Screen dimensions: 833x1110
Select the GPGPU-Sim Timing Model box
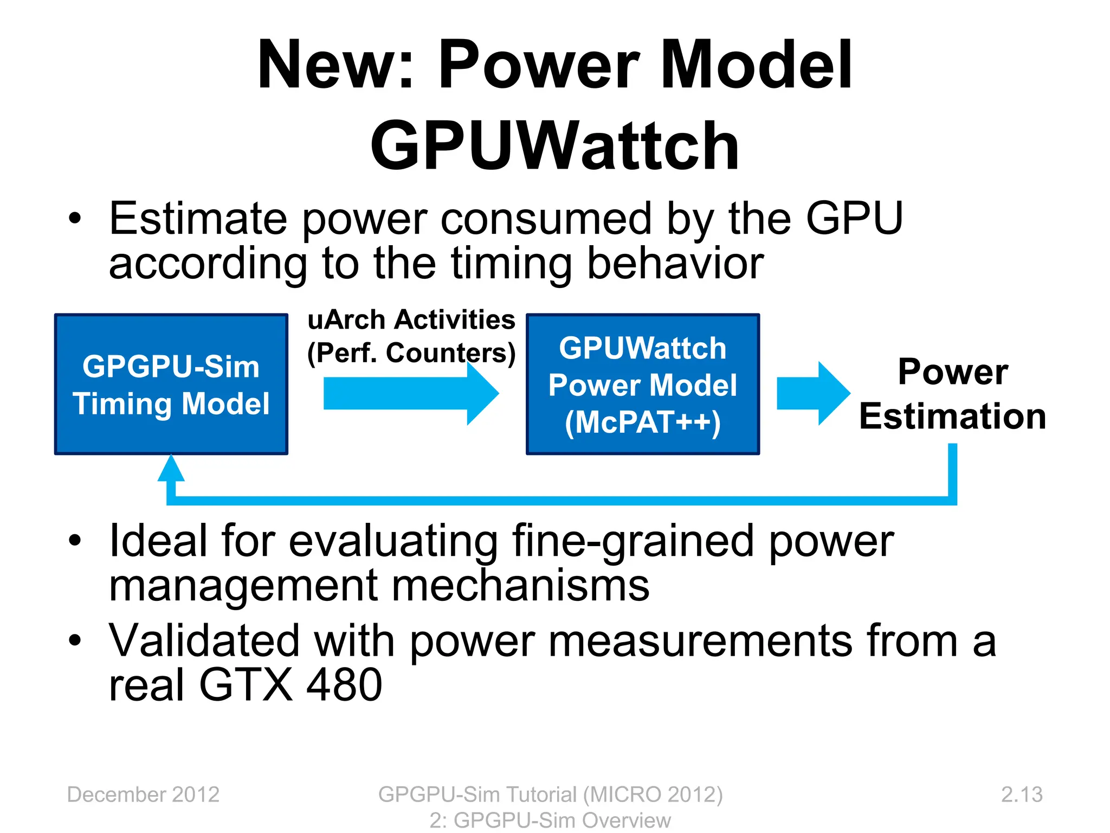171,384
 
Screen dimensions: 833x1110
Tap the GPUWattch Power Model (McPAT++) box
643,384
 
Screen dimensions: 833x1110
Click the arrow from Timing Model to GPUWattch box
410,393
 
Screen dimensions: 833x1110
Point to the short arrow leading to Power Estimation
812,393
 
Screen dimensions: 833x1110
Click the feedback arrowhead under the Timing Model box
171,469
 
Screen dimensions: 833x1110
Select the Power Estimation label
953,394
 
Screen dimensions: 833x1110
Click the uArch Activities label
411,319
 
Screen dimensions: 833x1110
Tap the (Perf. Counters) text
411,353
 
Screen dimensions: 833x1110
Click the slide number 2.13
1021,794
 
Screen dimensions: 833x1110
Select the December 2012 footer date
143,794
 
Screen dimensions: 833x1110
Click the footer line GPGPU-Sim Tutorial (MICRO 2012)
550,794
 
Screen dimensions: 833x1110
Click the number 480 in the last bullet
344,685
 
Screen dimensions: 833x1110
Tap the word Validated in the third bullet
204,641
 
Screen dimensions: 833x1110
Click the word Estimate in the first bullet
198,219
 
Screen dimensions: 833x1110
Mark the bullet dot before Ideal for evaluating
75,541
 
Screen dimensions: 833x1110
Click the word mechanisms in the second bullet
520,586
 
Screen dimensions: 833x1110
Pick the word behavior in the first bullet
675,264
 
